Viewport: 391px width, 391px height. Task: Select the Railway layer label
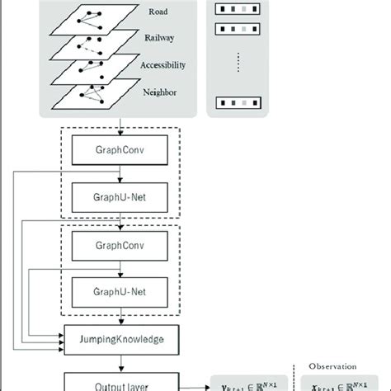(161, 38)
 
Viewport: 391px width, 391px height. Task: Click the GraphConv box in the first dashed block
(121, 153)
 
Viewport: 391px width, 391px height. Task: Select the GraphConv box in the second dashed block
(121, 245)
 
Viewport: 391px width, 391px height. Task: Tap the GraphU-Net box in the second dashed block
(121, 290)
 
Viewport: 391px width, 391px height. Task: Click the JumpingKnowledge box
(121, 338)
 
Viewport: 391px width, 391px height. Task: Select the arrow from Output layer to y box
(194, 382)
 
